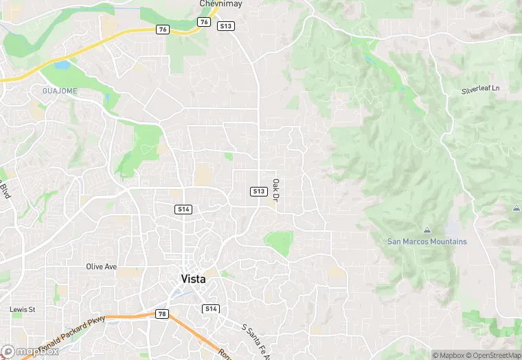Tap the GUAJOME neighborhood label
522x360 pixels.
(x=60, y=91)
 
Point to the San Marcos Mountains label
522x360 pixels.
(x=427, y=241)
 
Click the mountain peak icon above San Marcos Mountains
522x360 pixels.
(x=427, y=229)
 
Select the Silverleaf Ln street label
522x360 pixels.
(x=480, y=90)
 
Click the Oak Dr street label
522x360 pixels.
(x=275, y=190)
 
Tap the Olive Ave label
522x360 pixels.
(x=101, y=266)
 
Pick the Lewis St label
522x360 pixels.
(x=22, y=309)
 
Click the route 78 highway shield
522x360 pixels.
(x=162, y=314)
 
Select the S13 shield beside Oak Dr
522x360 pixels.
(x=258, y=191)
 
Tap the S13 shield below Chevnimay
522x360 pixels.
(x=225, y=26)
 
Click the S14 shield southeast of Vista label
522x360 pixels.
(x=211, y=309)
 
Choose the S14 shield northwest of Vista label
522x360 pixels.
(x=183, y=209)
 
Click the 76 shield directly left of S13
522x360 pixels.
(x=203, y=22)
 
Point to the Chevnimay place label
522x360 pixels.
(x=220, y=3)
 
